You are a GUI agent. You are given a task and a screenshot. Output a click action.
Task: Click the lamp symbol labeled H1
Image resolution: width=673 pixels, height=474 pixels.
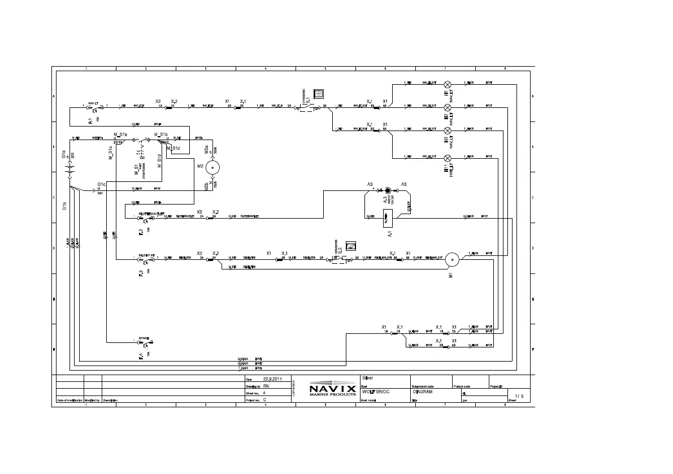(x=448, y=84)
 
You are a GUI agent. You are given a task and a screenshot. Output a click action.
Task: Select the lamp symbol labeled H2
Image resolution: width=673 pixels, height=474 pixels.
(x=448, y=107)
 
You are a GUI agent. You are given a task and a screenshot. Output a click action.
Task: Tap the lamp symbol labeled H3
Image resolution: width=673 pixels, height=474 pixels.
(x=448, y=130)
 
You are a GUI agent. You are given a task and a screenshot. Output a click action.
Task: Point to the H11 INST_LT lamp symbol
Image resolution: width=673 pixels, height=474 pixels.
(x=448, y=157)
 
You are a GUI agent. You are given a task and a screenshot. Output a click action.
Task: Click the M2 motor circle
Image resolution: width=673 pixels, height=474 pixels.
(x=213, y=167)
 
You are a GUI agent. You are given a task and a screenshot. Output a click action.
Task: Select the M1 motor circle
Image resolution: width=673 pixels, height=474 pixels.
(x=452, y=259)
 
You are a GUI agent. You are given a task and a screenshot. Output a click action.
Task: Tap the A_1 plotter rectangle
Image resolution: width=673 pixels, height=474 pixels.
(x=389, y=216)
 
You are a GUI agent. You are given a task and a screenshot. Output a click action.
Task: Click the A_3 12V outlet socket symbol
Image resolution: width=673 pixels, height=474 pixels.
(x=388, y=191)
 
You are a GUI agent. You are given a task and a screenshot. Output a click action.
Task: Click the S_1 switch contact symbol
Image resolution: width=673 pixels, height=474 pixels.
(x=307, y=106)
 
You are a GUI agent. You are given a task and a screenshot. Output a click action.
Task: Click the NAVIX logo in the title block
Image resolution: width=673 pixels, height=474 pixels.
(x=332, y=389)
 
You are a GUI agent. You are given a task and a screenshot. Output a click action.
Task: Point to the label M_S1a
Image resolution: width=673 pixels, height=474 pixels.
(x=120, y=134)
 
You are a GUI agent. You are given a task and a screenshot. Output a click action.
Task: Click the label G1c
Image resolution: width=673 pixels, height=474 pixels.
(x=101, y=184)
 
